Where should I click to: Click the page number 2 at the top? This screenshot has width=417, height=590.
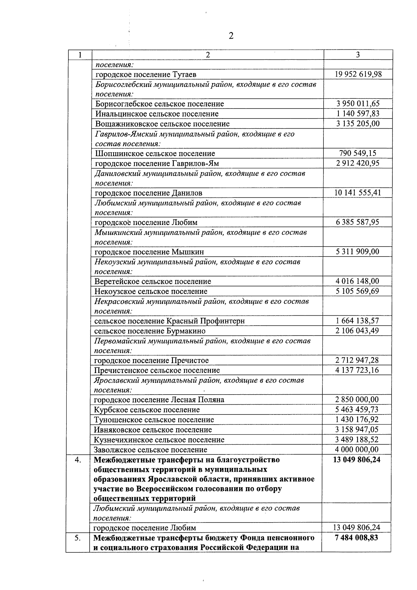coord(231,36)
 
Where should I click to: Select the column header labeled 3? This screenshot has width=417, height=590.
coord(358,55)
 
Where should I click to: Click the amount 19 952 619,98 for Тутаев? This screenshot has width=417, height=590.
coord(358,74)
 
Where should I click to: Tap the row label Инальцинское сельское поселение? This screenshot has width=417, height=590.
coord(157,114)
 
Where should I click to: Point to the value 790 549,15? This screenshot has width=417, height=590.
coord(358,153)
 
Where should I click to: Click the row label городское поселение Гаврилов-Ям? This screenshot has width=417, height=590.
coord(157,163)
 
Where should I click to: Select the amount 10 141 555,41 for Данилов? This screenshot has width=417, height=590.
coord(358,193)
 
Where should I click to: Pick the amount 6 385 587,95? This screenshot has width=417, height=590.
coord(358,222)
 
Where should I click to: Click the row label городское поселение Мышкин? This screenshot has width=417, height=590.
coord(149,252)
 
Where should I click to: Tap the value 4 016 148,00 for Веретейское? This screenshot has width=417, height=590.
coord(358,281)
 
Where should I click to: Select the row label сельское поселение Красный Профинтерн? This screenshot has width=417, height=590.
coord(169,321)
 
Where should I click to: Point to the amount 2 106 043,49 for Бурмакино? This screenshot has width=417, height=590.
coord(357,331)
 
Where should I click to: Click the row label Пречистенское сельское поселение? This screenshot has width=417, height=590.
coord(157,370)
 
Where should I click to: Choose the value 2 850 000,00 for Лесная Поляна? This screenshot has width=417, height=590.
coord(357,399)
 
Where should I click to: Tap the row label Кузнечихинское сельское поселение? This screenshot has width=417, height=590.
coord(159,439)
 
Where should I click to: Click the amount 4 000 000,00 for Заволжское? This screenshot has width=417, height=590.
coord(357,450)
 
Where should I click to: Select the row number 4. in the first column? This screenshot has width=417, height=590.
coord(78,460)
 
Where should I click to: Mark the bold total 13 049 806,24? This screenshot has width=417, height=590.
coord(357,460)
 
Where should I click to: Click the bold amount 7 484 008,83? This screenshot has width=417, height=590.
coord(357,538)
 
